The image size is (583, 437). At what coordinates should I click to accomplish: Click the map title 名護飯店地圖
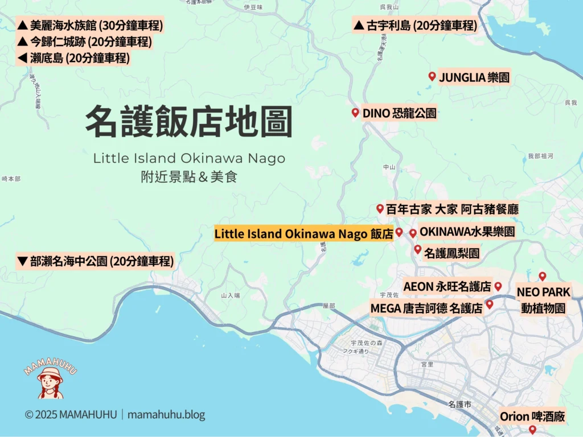pyautogui.click(x=188, y=121)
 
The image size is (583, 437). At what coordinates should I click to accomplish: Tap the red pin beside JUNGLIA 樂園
pyautogui.click(x=432, y=76)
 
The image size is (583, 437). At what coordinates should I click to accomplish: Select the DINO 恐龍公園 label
pyautogui.click(x=399, y=113)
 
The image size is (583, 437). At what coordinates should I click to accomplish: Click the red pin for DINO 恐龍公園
pyautogui.click(x=355, y=113)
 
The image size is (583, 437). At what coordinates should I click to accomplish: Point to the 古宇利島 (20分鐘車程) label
pyautogui.click(x=415, y=26)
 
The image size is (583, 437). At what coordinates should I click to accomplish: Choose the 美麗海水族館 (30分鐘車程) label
pyautogui.click(x=90, y=26)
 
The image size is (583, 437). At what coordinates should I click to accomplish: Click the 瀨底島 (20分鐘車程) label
pyautogui.click(x=73, y=57)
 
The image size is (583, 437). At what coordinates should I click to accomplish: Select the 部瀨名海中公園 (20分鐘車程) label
pyautogui.click(x=95, y=262)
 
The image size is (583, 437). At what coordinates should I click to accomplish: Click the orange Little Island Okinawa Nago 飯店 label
pyautogui.click(x=303, y=234)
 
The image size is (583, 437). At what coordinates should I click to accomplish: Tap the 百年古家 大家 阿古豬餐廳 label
pyautogui.click(x=452, y=209)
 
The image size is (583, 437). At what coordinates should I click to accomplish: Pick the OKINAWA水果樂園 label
pyautogui.click(x=467, y=232)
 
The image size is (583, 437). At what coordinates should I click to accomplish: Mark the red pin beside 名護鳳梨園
pyautogui.click(x=417, y=249)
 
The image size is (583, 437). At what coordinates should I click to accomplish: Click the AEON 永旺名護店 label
pyautogui.click(x=447, y=286)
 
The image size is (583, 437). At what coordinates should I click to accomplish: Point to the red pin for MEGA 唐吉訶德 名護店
pyautogui.click(x=489, y=304)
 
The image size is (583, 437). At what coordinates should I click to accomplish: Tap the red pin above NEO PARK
pyautogui.click(x=542, y=276)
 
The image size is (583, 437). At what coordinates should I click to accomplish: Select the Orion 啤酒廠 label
pyautogui.click(x=532, y=417)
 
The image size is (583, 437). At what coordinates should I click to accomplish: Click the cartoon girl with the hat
pyautogui.click(x=50, y=382)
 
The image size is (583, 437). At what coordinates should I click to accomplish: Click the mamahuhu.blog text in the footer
pyautogui.click(x=166, y=415)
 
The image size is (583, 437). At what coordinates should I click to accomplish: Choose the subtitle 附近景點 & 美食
pyautogui.click(x=188, y=177)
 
